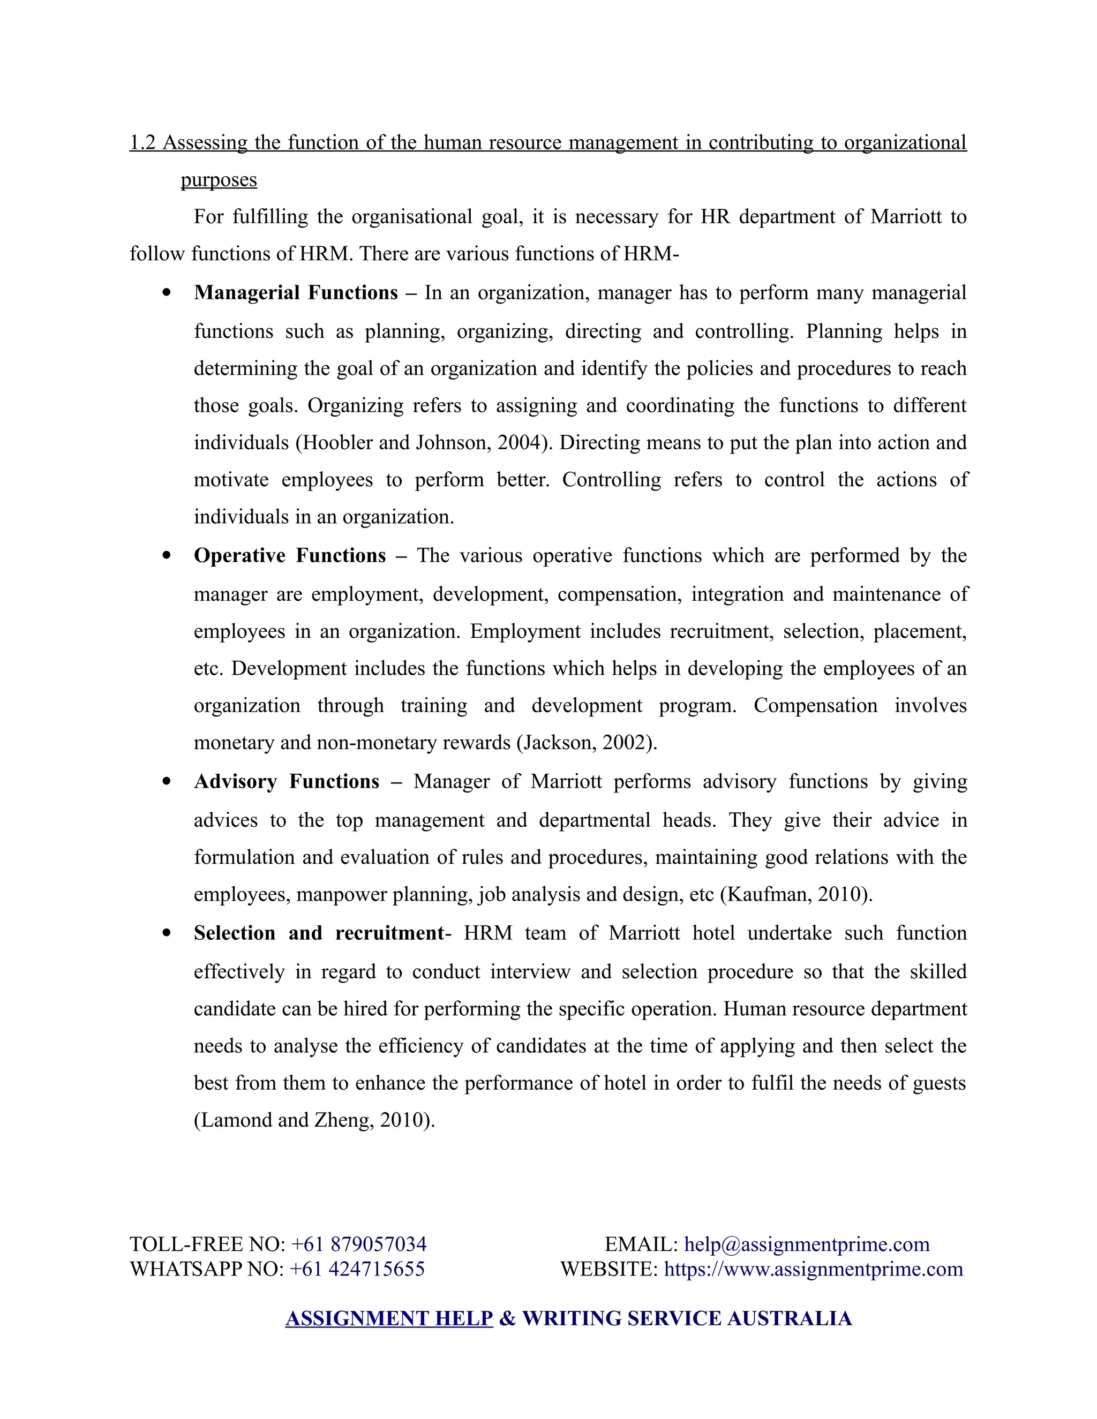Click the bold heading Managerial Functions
296,293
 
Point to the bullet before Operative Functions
167,556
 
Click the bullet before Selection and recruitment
167,934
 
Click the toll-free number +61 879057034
359,1244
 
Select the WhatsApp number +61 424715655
357,1269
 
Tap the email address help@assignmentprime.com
807,1244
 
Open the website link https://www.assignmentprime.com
813,1269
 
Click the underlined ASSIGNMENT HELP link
389,1318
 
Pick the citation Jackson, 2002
584,743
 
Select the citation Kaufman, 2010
796,895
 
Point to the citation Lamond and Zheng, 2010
314,1120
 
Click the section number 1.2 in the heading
142,143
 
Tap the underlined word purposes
219,180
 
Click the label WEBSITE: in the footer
609,1269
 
